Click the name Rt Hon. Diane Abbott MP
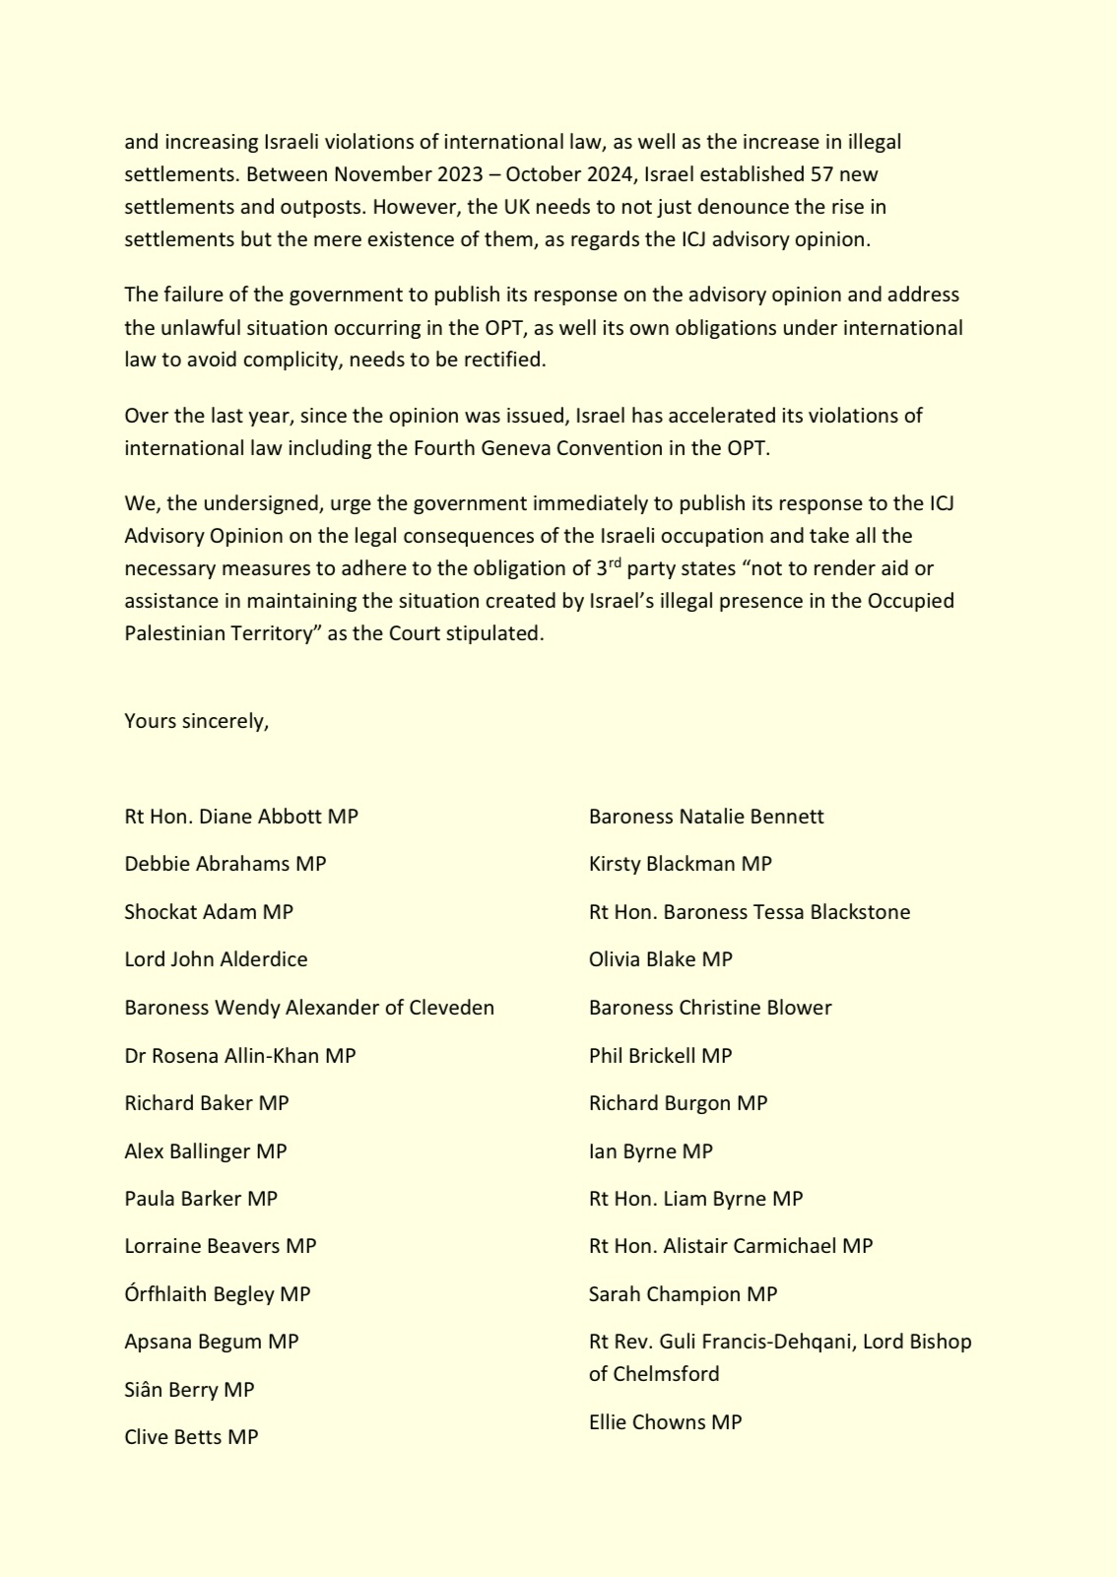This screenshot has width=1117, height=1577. click(241, 817)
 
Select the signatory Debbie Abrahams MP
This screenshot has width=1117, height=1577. click(225, 864)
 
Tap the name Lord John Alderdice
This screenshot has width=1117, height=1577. click(216, 959)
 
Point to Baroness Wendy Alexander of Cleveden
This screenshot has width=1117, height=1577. click(309, 1008)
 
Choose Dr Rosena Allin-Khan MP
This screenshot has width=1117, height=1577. click(239, 1056)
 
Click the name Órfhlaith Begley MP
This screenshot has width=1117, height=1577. click(217, 1294)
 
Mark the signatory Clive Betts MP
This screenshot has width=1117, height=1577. click(191, 1437)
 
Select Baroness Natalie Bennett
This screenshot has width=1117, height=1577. click(706, 817)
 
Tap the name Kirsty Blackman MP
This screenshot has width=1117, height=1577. click(680, 864)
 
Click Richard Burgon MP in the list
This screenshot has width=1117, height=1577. click(678, 1103)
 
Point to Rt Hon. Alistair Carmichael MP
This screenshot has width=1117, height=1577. click(730, 1246)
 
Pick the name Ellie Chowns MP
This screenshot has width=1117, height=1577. click(665, 1422)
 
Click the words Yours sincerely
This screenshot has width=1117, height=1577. click(196, 721)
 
